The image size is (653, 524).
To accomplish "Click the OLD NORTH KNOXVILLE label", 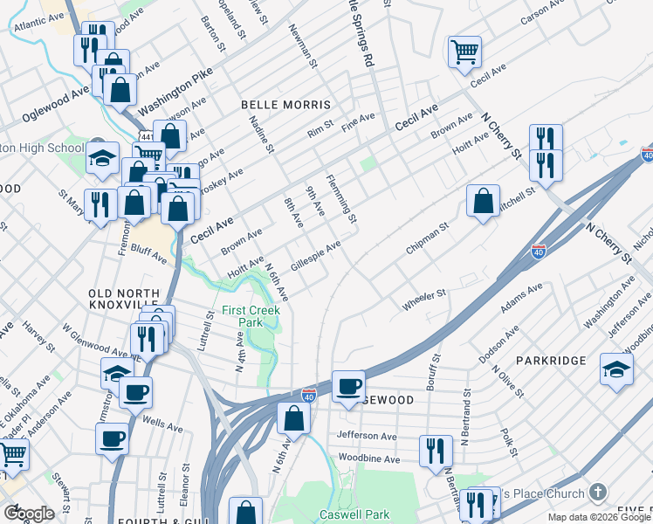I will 124,299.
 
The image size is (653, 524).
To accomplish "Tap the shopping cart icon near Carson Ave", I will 464,52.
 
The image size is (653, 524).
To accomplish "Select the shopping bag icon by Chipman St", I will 483,201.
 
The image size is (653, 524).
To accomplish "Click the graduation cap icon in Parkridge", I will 616,369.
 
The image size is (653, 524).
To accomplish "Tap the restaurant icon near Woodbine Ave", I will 436,451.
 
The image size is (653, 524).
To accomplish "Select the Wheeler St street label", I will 423,301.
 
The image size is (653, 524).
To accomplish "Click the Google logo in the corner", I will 28,513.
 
